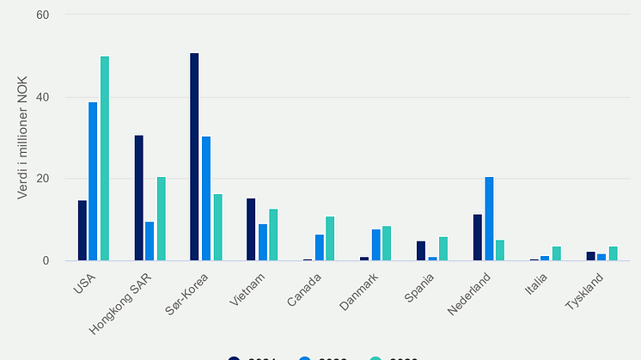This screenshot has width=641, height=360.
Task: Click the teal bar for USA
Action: pyautogui.click(x=105, y=158)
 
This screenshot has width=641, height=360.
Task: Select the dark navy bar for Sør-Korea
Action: pyautogui.click(x=194, y=156)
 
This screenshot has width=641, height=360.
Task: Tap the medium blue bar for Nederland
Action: pyautogui.click(x=489, y=218)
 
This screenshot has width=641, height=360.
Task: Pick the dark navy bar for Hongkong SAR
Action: pyautogui.click(x=138, y=198)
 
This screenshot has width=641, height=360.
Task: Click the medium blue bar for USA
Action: pyautogui.click(x=93, y=181)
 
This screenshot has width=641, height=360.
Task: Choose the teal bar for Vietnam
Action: pyautogui.click(x=273, y=235)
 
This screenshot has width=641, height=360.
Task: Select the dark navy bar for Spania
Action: pyautogui.click(x=421, y=251)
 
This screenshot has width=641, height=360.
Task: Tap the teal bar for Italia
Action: pyautogui.click(x=557, y=253)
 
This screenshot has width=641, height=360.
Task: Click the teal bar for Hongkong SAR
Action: pyautogui.click(x=161, y=218)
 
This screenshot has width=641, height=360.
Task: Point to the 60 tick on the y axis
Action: pyautogui.click(x=42, y=15)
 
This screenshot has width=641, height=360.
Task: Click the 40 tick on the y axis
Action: pyautogui.click(x=42, y=97)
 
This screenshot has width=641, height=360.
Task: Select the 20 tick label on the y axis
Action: pyautogui.click(x=42, y=179)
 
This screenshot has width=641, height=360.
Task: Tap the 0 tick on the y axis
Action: pyautogui.click(x=46, y=260)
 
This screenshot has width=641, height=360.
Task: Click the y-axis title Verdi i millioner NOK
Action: pyautogui.click(x=23, y=137)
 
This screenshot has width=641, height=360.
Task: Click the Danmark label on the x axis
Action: pyautogui.click(x=360, y=292)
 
